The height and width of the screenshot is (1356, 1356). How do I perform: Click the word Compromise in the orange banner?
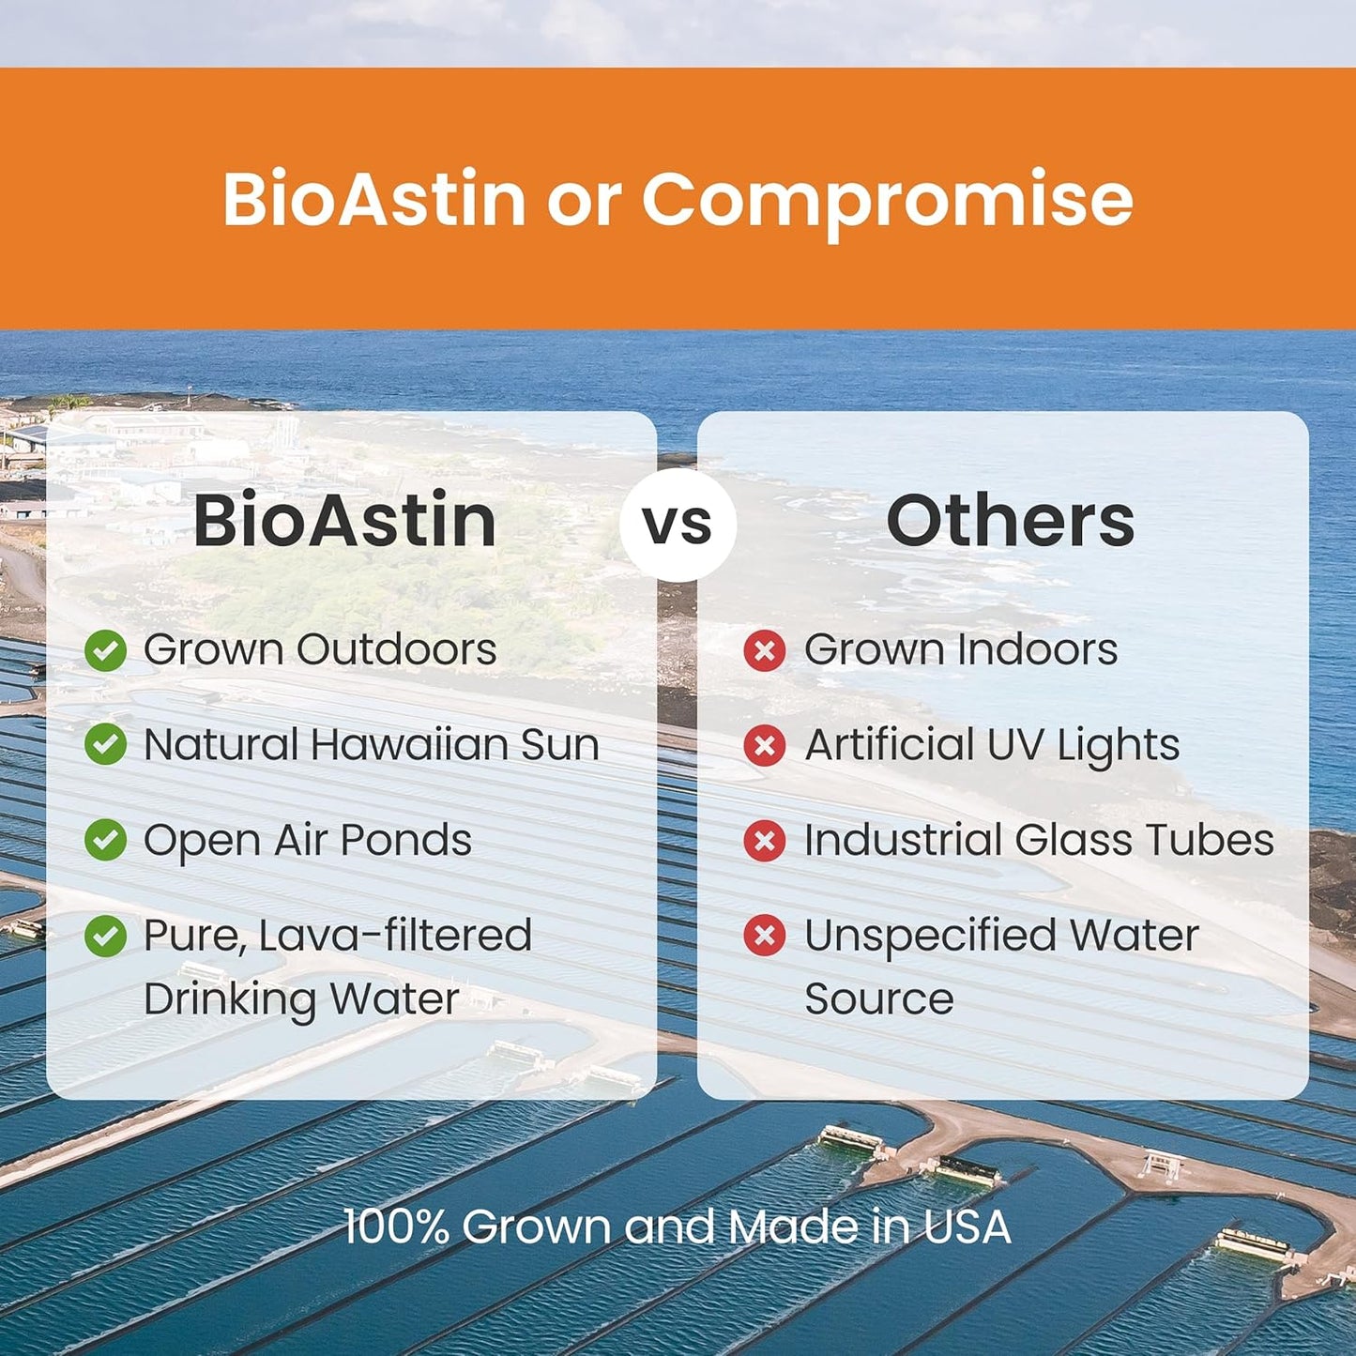click(x=887, y=199)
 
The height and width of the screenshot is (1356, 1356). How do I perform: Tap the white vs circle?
click(x=678, y=524)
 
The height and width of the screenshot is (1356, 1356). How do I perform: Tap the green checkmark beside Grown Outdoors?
click(x=105, y=650)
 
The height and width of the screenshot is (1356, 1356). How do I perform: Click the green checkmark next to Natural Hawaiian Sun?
click(x=105, y=745)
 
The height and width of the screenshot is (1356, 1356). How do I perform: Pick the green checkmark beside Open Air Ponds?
click(x=105, y=840)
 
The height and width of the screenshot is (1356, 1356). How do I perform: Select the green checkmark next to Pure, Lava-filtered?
click(x=105, y=936)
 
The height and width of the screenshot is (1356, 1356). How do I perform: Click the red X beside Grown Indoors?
click(x=765, y=650)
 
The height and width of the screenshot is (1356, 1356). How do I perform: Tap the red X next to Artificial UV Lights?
click(x=765, y=746)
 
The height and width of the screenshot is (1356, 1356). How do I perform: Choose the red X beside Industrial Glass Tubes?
click(x=765, y=841)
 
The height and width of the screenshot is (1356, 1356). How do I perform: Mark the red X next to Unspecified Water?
click(x=765, y=936)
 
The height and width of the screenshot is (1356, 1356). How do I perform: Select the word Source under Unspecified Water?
click(x=878, y=998)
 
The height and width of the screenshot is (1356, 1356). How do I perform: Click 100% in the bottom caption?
click(x=396, y=1226)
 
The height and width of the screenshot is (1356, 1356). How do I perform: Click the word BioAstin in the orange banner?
click(x=373, y=199)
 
